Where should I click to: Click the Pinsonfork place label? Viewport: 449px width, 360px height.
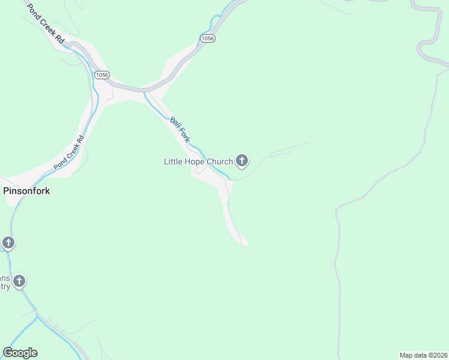pos(26,191)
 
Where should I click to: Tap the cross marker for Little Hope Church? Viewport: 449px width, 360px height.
pos(242,160)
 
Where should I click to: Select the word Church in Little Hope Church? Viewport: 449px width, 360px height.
pos(220,161)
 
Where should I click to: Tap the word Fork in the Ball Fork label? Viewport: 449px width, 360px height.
pos(185,136)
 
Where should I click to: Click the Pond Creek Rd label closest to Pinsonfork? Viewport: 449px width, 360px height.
pos(68,154)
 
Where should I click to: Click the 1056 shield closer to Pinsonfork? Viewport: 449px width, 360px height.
pos(101,74)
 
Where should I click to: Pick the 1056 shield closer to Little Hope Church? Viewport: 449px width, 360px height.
pos(207,38)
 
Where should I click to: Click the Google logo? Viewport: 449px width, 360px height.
pos(20,353)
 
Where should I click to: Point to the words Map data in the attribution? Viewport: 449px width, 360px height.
pos(412,355)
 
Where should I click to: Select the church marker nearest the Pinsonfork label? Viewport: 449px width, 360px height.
pos(8,243)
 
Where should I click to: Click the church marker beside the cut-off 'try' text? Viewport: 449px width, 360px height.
pos(20,281)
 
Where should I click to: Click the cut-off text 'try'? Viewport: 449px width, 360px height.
pos(5,287)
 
